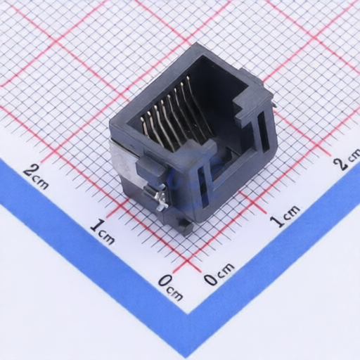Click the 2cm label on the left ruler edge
point(37,176)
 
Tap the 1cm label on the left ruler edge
point(103,231)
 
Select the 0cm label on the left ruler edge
point(170,288)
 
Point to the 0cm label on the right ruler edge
point(219,274)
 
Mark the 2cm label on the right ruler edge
point(349,159)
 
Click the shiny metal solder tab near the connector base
point(162,199)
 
